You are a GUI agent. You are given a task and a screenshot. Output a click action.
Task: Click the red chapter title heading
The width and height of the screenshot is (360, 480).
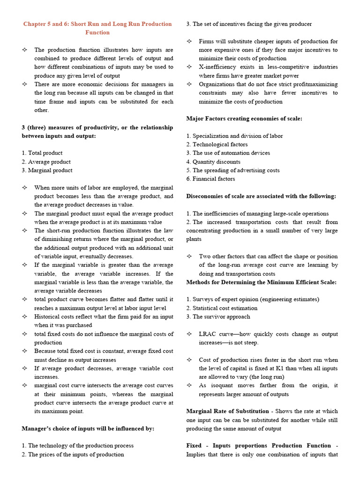(x=97, y=28)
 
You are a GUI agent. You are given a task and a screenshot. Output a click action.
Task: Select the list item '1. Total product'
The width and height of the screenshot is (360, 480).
(x=42, y=153)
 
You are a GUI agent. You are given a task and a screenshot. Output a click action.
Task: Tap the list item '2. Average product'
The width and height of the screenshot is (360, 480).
(x=46, y=162)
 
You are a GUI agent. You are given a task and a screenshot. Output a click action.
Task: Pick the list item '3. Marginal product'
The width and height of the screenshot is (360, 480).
(x=47, y=170)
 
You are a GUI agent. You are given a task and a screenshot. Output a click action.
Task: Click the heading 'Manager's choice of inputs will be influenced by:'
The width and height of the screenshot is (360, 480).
(x=88, y=428)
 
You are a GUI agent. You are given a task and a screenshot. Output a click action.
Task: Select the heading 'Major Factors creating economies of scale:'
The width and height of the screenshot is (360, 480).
(x=244, y=119)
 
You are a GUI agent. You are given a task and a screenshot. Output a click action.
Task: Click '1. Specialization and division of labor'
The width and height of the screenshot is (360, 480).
(x=234, y=136)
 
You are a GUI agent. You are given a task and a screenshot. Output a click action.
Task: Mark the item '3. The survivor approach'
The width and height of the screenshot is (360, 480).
(x=218, y=316)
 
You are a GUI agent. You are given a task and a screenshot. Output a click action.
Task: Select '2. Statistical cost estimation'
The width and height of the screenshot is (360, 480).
(x=222, y=308)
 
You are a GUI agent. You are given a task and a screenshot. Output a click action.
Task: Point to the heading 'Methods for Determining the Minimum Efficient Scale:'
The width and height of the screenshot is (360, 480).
(x=261, y=282)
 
